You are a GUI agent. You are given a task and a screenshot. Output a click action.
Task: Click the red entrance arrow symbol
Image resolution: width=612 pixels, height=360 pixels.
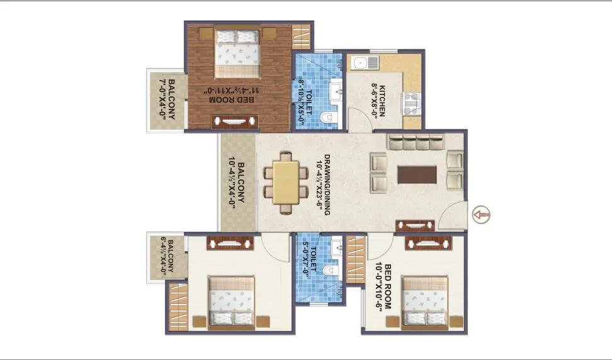coord(480,215)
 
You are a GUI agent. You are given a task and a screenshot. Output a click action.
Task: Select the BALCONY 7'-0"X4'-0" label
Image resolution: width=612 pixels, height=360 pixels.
coord(166,99)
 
